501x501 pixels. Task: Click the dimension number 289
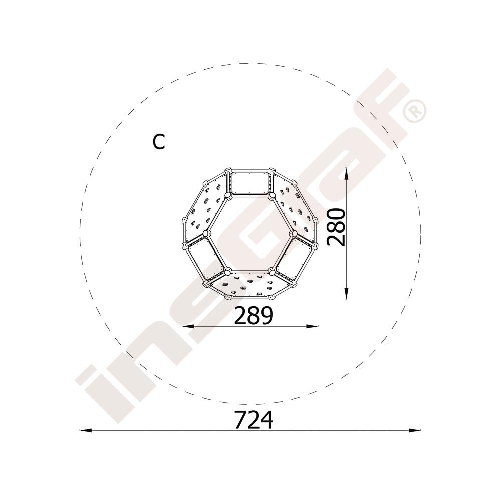pos(254,315)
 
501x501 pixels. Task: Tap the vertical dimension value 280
pos(336,227)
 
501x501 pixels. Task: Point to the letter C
pos(159,142)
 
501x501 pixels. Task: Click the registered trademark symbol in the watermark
pos(415,111)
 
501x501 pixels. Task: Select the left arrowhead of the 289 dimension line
pos(188,326)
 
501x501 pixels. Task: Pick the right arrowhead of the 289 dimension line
pos(312,326)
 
